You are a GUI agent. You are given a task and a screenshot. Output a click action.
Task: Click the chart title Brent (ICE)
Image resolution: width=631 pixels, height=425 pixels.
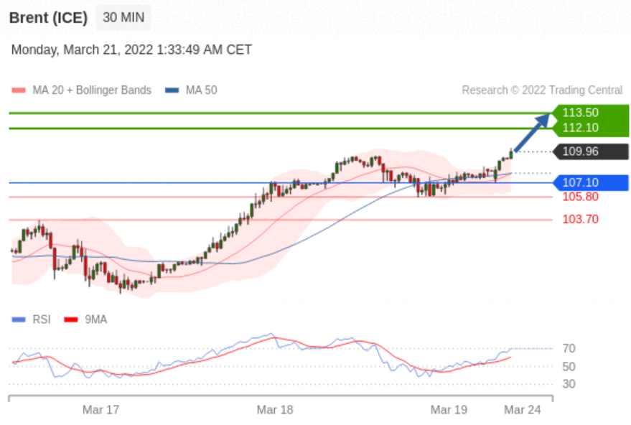point(48,18)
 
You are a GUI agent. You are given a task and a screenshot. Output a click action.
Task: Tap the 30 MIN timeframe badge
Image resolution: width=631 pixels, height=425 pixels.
point(123,18)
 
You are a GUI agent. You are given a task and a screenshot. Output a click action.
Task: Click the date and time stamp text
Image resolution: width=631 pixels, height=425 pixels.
point(131,50)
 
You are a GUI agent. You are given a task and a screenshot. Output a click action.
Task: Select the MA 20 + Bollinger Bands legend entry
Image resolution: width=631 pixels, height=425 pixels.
point(82,90)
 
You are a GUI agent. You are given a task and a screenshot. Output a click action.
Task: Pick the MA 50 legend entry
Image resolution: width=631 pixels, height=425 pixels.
point(192,90)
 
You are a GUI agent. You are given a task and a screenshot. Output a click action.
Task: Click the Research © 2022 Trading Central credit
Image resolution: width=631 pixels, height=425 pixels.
point(542,90)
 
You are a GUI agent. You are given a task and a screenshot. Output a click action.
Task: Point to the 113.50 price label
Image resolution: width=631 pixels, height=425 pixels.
point(581,113)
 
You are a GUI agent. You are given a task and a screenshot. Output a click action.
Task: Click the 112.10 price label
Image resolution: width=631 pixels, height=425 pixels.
point(581,128)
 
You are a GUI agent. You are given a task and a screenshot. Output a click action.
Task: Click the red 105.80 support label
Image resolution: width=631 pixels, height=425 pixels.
point(580,197)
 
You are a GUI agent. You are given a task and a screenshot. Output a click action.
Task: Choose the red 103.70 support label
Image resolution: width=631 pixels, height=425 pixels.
point(580,220)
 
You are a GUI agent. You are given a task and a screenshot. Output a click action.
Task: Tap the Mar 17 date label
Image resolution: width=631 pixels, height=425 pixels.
point(101,410)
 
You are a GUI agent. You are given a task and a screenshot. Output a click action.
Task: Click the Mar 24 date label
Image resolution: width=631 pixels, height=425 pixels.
point(523,410)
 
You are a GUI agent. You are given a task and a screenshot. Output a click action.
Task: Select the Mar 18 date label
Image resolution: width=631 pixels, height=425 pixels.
point(275,410)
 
